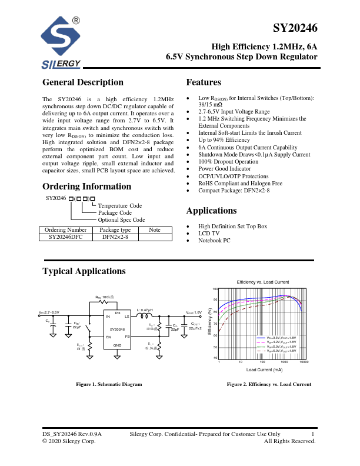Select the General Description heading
83,82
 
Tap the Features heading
204,82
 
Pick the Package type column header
115,230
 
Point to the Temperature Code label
120,206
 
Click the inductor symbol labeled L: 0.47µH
145,317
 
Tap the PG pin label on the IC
118,312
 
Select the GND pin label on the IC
118,345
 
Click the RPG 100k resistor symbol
105,304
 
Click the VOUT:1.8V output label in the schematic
194,312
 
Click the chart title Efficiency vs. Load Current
262,282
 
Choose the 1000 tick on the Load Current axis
284,362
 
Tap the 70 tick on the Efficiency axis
216,324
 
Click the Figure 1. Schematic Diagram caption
109,384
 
